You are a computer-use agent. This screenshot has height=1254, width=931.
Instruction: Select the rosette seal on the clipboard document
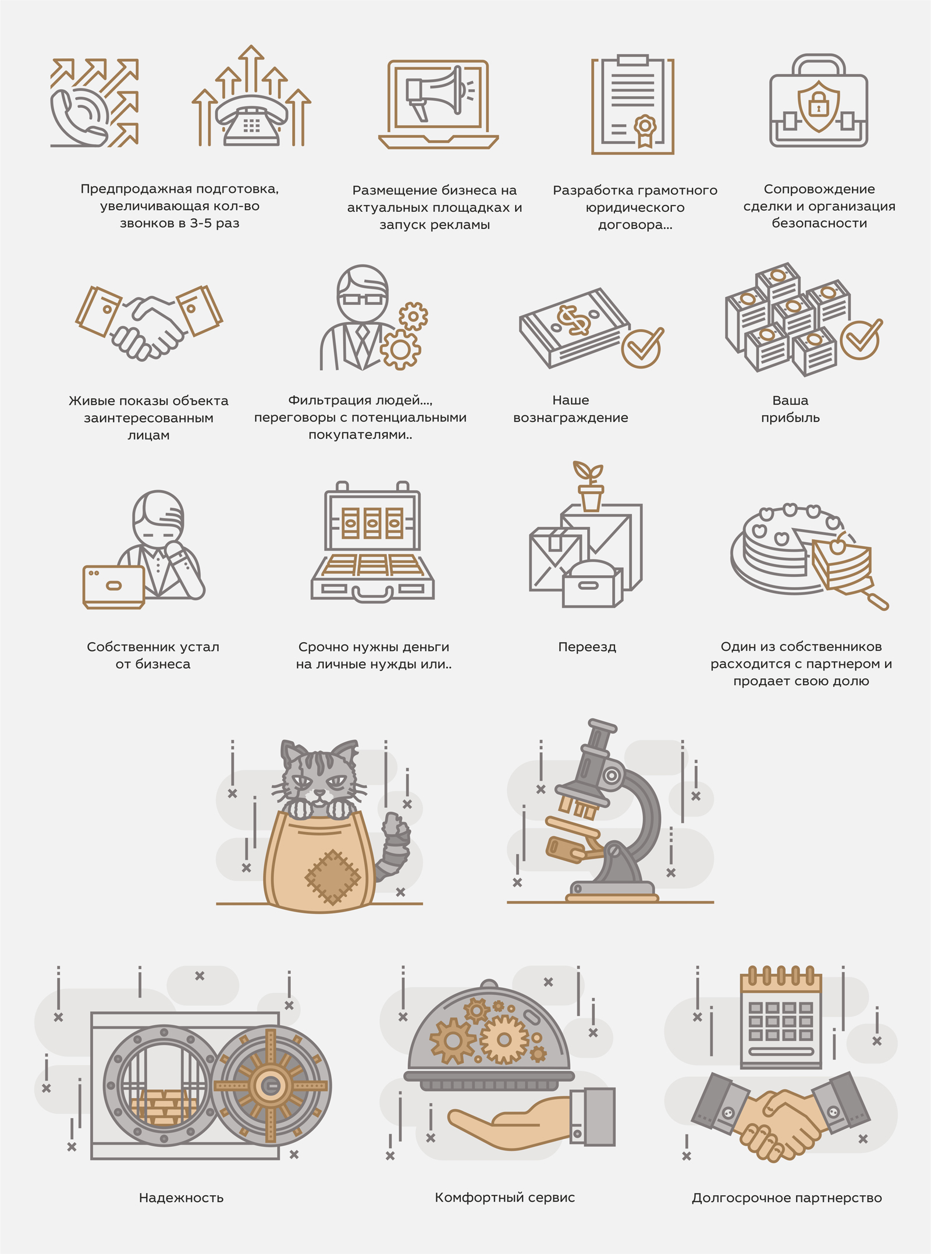(645, 129)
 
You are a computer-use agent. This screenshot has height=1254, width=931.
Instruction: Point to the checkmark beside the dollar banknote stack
(642, 347)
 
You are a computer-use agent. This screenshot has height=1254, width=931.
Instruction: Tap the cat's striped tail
(393, 847)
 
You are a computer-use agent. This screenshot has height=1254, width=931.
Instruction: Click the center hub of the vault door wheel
(271, 1085)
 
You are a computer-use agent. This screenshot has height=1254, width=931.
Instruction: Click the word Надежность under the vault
(181, 1198)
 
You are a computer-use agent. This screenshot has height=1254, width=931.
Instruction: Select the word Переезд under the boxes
(587, 647)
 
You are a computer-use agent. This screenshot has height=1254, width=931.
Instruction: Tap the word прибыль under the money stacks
(790, 418)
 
